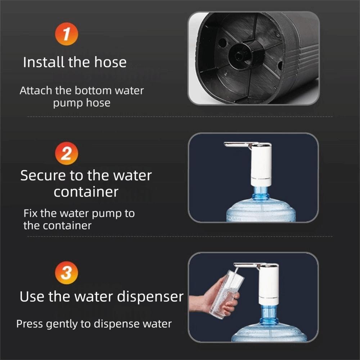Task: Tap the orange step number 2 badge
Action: coord(66,153)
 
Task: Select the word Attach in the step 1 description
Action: coord(36,90)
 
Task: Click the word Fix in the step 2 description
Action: coord(31,213)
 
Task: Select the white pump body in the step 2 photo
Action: coord(261,164)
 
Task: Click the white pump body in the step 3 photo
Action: coord(269,284)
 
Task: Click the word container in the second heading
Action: coord(86,192)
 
